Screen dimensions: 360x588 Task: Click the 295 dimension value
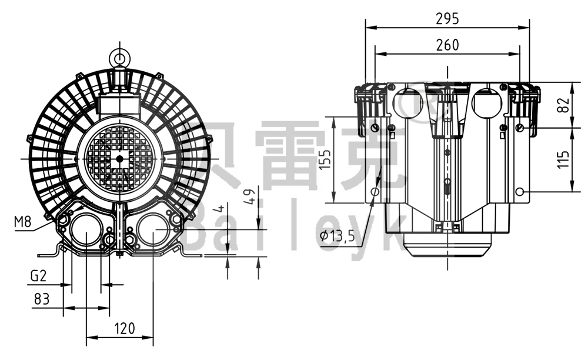(x=447, y=19)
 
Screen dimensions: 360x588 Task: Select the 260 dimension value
(x=447, y=45)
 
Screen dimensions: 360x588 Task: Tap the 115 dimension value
(x=563, y=159)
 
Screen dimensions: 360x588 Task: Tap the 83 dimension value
(x=41, y=299)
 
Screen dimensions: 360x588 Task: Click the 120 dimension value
(x=125, y=328)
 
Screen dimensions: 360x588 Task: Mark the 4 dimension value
(x=220, y=208)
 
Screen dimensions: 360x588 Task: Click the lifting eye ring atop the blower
(x=120, y=58)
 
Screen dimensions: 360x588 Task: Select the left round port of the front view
(x=86, y=234)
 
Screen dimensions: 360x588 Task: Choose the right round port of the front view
(x=153, y=234)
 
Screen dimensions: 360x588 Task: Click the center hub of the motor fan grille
(x=120, y=158)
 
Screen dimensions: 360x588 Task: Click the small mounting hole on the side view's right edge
(x=519, y=192)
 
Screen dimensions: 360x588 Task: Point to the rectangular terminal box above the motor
(x=120, y=105)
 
